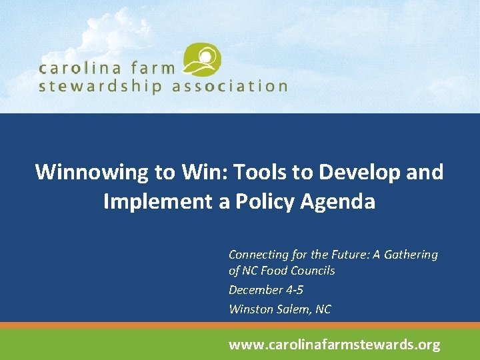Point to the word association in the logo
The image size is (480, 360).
(x=230, y=87)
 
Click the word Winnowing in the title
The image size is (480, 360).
(x=92, y=172)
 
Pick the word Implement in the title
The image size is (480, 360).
(x=157, y=201)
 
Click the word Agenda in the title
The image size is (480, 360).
(x=340, y=201)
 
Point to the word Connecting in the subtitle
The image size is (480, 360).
(x=255, y=255)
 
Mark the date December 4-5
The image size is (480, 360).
(x=265, y=290)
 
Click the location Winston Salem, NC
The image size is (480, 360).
(x=279, y=309)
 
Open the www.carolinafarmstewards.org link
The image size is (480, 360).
(x=334, y=345)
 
